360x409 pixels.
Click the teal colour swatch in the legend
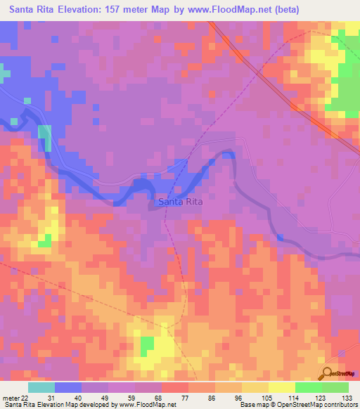click(41, 387)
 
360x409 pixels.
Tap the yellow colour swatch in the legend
click(282, 387)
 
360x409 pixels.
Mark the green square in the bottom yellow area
click(147, 345)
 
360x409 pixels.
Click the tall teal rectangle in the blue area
click(44, 137)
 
